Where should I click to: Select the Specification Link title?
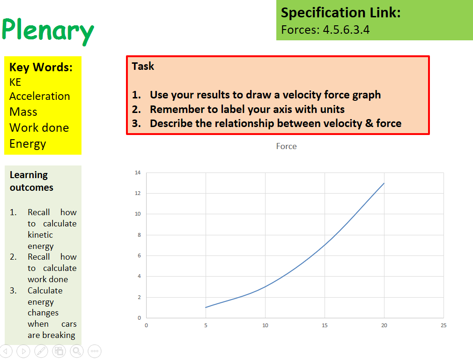pos(340,13)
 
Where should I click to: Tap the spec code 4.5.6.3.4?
pos(346,30)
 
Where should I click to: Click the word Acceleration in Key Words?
pos(40,96)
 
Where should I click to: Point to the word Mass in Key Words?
pos(23,112)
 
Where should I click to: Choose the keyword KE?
pos(15,82)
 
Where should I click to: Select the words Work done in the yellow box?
pos(39,127)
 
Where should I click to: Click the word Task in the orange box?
pos(143,66)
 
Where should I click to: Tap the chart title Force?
pos(286,146)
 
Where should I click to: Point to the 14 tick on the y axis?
pos(138,172)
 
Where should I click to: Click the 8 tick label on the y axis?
pos(139,235)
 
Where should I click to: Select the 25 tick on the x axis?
pos(443,325)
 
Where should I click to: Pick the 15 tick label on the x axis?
pos(325,325)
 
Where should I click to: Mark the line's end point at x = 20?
pos(384,183)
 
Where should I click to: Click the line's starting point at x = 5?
pos(206,307)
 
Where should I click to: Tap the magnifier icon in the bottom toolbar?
pos(76,351)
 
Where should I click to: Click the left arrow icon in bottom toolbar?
pos(6,351)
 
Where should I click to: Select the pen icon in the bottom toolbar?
pos(41,351)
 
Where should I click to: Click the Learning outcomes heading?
pos(31,181)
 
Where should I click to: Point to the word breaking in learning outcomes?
pos(59,335)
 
